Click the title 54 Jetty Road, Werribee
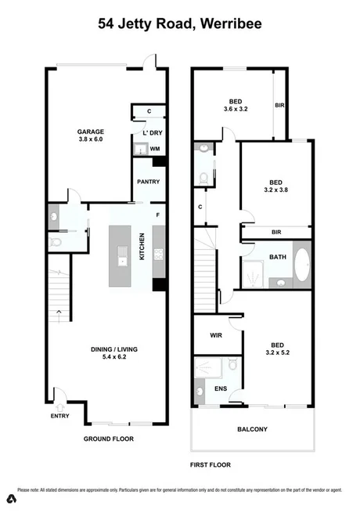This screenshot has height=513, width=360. pyautogui.click(x=179, y=23)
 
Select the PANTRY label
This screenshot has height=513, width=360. pyautogui.click(x=148, y=182)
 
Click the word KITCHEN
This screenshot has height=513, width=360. pyautogui.click(x=142, y=247)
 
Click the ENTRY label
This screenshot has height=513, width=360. pyautogui.click(x=60, y=416)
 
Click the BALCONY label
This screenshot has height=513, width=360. pyautogui.click(x=252, y=429)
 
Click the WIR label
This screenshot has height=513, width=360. pyautogui.click(x=217, y=335)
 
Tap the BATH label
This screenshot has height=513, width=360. pyautogui.click(x=277, y=257)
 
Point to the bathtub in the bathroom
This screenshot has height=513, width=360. pyautogui.click(x=301, y=266)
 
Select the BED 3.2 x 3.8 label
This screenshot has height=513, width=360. pyautogui.click(x=275, y=183)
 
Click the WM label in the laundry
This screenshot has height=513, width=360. pyautogui.click(x=155, y=148)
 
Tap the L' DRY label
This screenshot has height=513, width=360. pyautogui.click(x=152, y=133)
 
